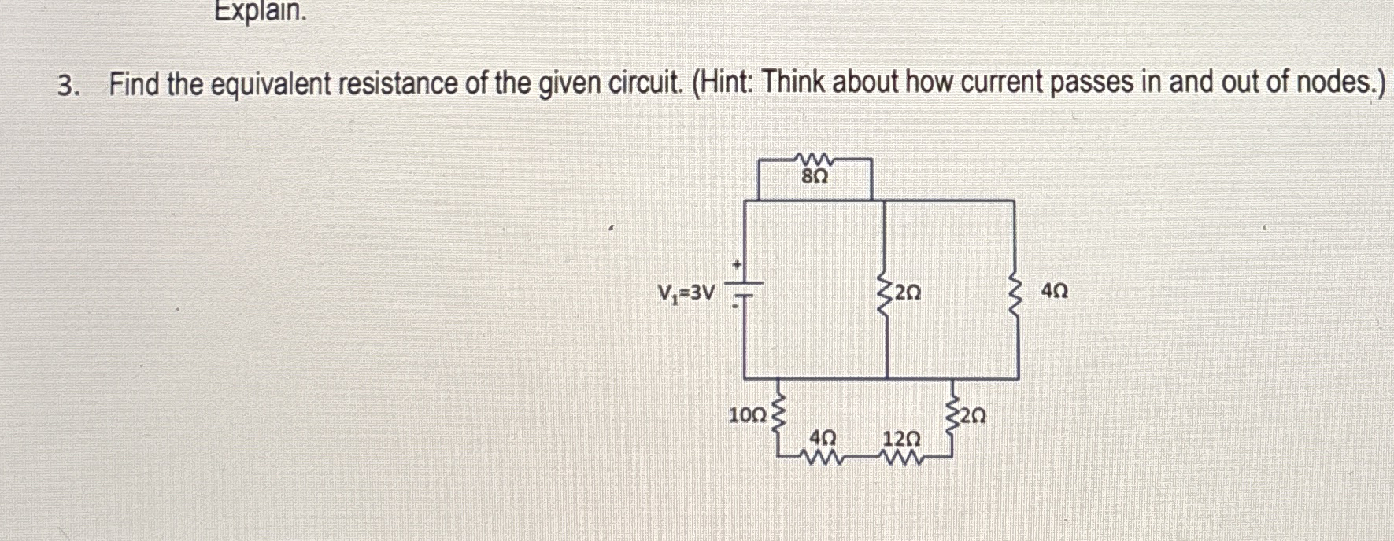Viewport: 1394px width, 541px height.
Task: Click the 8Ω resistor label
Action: coord(815,178)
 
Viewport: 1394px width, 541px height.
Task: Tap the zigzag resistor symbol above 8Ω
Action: coord(815,160)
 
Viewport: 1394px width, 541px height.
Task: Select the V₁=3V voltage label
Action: coord(686,294)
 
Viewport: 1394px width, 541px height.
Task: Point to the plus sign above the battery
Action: coord(738,266)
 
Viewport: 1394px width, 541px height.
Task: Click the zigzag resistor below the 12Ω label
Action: coord(902,457)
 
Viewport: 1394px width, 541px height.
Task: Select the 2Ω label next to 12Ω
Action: coord(973,414)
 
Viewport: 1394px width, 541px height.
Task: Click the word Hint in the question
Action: coord(723,83)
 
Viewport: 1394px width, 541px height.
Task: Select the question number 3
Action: coord(67,84)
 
